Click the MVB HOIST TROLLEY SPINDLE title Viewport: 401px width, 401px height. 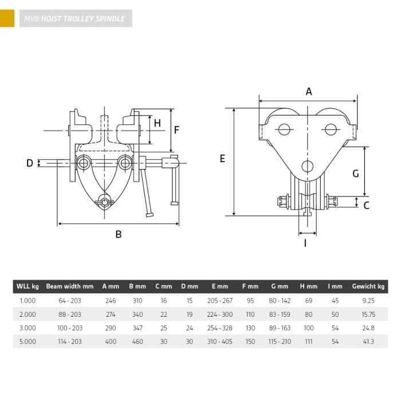click(x=74, y=19)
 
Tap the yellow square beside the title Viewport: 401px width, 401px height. click(x=7, y=18)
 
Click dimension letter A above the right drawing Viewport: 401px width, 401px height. click(x=309, y=91)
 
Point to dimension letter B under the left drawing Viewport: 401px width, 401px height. click(x=119, y=234)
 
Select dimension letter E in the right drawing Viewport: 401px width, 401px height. click(x=222, y=159)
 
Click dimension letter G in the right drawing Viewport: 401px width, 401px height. click(x=356, y=174)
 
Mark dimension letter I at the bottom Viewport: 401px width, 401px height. click(x=305, y=243)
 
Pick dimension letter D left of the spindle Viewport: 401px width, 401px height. click(x=30, y=163)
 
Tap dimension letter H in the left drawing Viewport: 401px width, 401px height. click(x=158, y=123)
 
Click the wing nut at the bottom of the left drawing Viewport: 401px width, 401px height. click(x=104, y=202)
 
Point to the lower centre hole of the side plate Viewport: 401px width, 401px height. click(x=308, y=166)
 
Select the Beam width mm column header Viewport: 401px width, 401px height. click(x=70, y=286)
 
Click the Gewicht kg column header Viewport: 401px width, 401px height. click(x=368, y=286)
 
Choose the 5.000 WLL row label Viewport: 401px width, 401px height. click(x=27, y=341)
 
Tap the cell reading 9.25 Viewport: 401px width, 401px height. click(x=368, y=301)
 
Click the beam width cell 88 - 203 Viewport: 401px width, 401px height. click(x=70, y=314)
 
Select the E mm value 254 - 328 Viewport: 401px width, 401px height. click(x=220, y=328)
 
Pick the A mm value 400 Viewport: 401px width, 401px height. click(x=111, y=341)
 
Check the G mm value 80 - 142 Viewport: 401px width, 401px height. click(x=280, y=301)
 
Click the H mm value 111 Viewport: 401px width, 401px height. click(x=309, y=341)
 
